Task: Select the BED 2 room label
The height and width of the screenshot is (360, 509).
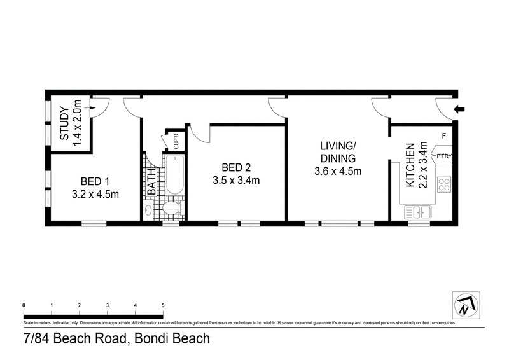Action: [236, 168]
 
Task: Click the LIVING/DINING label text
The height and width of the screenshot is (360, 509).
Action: [338, 153]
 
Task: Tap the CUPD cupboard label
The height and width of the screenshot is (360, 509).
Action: [175, 141]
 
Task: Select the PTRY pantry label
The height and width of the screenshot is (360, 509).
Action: [443, 153]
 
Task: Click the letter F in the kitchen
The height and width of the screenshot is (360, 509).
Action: [443, 135]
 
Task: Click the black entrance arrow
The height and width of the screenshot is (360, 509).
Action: [461, 111]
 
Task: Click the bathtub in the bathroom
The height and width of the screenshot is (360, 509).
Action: [174, 176]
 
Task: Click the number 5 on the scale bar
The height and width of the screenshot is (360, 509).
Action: [164, 305]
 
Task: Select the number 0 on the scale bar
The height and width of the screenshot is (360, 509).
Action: [24, 305]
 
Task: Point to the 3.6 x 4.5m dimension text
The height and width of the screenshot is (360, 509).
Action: [338, 171]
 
